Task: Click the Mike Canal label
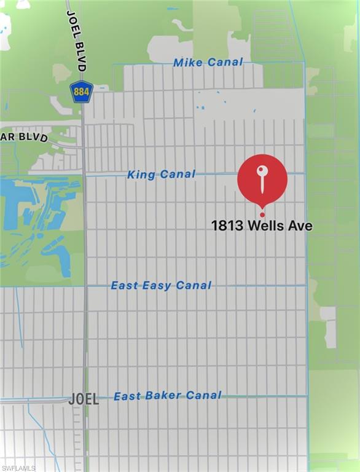pos(208,62)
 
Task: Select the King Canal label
pos(161,175)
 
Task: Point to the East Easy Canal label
pos(161,285)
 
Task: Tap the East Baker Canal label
pos(167,396)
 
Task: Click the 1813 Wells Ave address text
pos(262,226)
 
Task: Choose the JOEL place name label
pos(84,398)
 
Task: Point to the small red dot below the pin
pos(262,214)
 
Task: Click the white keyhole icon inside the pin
pos(262,176)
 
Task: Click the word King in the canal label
pos(141,175)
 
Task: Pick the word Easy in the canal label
pos(157,285)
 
